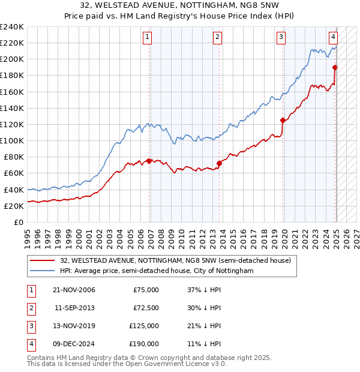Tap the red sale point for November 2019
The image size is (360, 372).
[x=282, y=120]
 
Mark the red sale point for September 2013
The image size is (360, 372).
[x=220, y=163]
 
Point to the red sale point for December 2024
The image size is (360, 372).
[x=335, y=67]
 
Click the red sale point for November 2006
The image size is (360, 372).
[x=149, y=161]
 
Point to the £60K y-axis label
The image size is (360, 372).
[x=14, y=173]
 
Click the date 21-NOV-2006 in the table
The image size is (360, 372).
[x=74, y=290]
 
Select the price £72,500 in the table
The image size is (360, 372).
[x=145, y=308]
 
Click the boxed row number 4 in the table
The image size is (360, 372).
[x=31, y=344]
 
